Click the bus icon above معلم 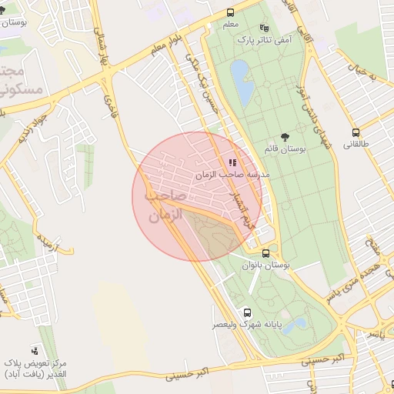click(x=231, y=12)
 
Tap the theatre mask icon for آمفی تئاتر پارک click(x=265, y=27)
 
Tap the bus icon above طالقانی click(x=356, y=132)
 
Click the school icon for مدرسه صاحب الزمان click(x=232, y=162)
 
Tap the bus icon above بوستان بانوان click(x=265, y=252)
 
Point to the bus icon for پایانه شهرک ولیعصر click(x=247, y=312)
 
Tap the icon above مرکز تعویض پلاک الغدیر click(x=34, y=350)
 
